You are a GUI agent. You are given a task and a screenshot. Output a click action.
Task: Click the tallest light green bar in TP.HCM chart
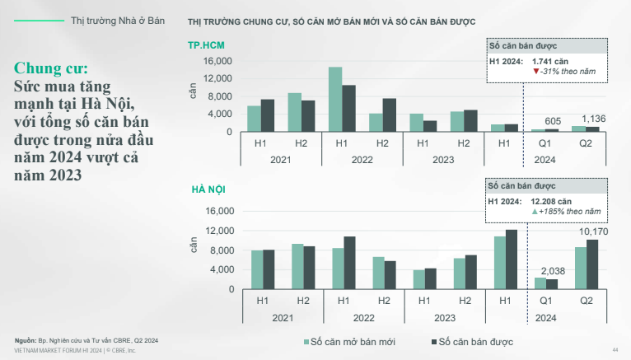click(x=335, y=99)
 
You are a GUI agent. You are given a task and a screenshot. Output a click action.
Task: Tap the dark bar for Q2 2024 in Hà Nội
click(x=592, y=264)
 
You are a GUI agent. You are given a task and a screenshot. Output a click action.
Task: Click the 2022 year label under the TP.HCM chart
click(x=363, y=160)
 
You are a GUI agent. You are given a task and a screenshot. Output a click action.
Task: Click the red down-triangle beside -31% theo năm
click(x=536, y=72)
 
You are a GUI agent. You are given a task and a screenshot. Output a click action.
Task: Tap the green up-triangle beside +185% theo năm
click(x=536, y=213)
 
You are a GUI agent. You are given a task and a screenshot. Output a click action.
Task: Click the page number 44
click(x=615, y=348)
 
